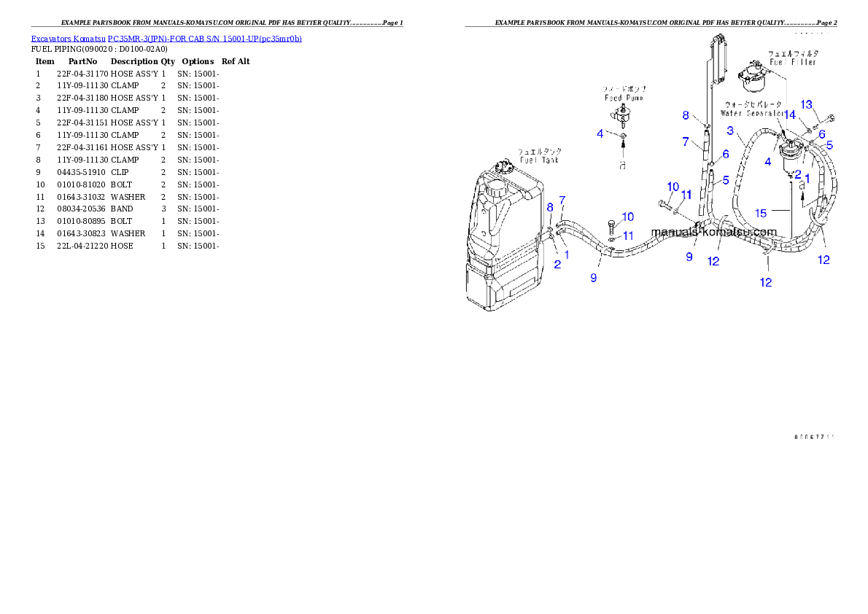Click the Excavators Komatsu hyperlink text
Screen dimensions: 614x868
click(x=166, y=39)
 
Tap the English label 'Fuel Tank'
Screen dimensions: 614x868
click(x=539, y=160)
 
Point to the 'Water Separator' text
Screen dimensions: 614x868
click(x=752, y=114)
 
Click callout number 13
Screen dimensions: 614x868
click(x=806, y=105)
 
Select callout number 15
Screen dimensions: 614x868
click(x=761, y=213)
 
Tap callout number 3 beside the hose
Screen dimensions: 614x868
click(x=730, y=131)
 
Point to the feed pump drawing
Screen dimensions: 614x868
click(x=621, y=115)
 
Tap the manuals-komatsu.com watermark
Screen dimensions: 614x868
click(x=713, y=233)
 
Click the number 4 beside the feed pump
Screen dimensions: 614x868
click(x=600, y=133)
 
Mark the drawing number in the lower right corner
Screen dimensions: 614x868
click(x=814, y=437)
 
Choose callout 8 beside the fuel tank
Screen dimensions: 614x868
click(x=550, y=208)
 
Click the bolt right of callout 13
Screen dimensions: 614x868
click(x=830, y=118)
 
